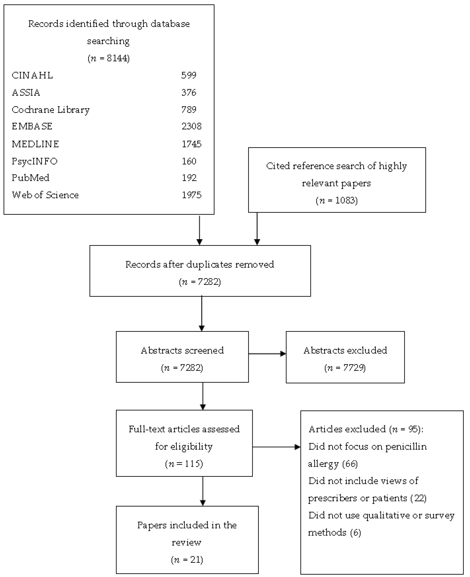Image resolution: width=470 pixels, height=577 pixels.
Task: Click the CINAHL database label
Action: (32, 75)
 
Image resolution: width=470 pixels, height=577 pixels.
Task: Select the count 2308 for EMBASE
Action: (191, 126)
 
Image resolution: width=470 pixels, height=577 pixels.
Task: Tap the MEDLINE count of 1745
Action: (191, 144)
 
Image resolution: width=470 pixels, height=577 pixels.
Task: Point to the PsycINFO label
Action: (35, 161)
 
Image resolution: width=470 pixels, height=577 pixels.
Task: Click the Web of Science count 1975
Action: (191, 195)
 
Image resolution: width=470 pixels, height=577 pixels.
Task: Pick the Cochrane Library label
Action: (51, 110)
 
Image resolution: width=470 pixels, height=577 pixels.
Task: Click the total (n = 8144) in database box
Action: (109, 58)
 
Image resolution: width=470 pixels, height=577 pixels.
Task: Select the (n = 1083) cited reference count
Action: (337, 200)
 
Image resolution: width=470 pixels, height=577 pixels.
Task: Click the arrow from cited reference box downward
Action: (257, 229)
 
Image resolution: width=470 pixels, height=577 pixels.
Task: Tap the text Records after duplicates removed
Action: (200, 264)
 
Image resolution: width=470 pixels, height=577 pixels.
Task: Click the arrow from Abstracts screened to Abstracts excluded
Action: (267, 354)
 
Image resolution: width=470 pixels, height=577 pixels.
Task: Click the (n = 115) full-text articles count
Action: (184, 464)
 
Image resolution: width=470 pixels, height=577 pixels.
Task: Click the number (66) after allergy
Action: (350, 464)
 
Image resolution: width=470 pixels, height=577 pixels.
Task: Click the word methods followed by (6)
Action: (327, 533)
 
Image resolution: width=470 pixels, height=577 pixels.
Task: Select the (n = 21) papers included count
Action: (187, 560)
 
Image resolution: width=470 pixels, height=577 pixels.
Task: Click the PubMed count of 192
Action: (189, 178)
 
